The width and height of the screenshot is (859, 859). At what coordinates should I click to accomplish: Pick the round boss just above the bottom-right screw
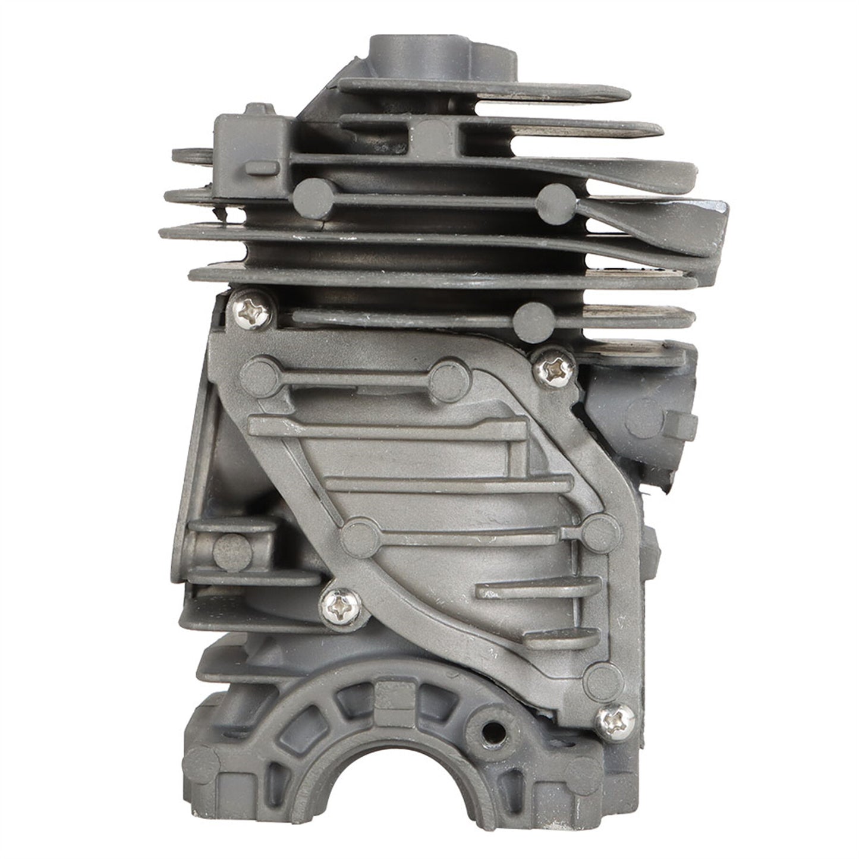click(x=602, y=676)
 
